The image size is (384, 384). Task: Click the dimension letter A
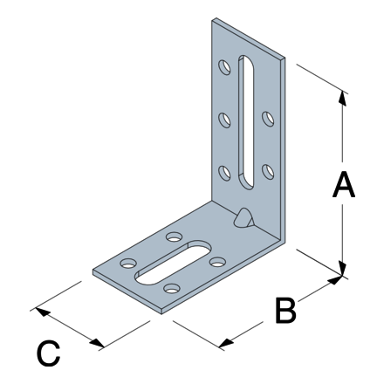344,184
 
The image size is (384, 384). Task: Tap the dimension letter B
285,310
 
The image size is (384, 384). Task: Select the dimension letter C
48,353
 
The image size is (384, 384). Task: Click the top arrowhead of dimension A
343,99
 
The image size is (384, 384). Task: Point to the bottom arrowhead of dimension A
343,268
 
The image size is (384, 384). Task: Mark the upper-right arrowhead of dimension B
335,279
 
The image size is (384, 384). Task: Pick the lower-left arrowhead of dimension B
227,343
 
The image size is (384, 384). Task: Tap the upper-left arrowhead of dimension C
43,312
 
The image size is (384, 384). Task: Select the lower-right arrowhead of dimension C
97,343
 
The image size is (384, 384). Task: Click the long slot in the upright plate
246,122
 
